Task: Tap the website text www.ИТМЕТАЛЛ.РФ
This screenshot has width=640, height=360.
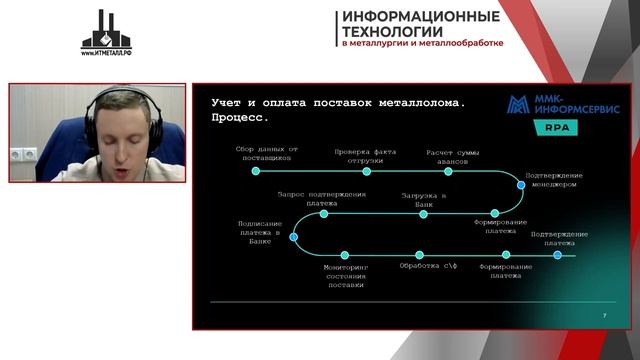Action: [x=106, y=53]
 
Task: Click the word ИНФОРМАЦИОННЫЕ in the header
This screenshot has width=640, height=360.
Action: [x=421, y=16]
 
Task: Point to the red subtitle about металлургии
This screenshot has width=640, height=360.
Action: [x=422, y=44]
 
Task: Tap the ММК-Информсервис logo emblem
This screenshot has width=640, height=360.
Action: [x=519, y=107]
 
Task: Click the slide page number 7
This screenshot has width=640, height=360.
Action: [x=605, y=315]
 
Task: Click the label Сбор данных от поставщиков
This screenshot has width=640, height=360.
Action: [x=266, y=154]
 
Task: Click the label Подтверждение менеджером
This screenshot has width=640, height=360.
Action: [x=554, y=180]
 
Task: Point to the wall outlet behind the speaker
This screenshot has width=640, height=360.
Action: [x=23, y=155]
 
